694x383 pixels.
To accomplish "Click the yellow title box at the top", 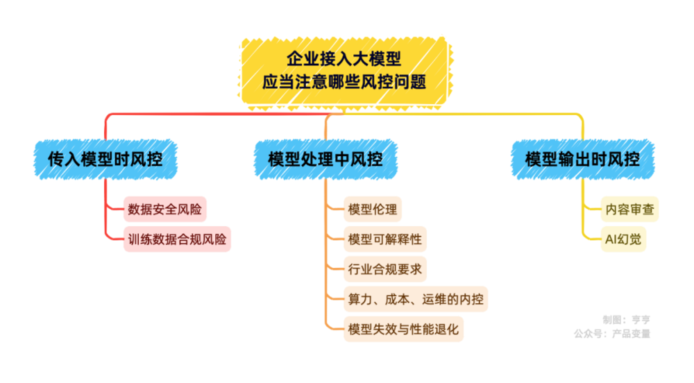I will (344, 69).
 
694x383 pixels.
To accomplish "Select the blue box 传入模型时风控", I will (105, 160).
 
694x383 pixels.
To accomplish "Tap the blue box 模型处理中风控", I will (325, 160).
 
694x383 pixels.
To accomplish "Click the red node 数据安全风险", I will (164, 208).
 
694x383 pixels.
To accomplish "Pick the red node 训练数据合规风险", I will (177, 239).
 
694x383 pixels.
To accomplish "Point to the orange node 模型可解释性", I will (384, 239).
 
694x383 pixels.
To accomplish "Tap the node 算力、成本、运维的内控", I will (416, 299).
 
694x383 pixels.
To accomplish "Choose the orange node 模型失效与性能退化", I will (403, 329).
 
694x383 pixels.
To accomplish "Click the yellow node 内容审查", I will (629, 209).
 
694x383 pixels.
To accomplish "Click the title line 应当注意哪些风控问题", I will (344, 82).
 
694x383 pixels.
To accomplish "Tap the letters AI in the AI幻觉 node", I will (612, 240).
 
